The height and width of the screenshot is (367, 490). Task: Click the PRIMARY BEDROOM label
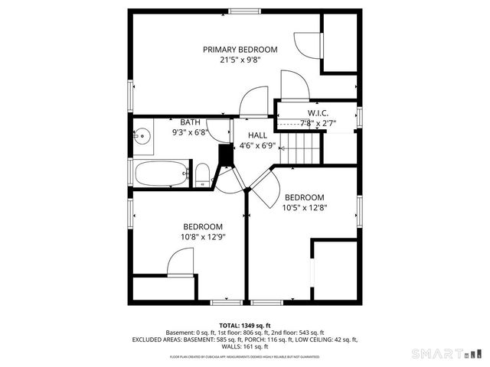point(240,50)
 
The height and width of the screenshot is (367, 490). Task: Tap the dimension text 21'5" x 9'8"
point(240,61)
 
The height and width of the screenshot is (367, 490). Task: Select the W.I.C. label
point(318,112)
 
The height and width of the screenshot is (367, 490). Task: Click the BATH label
point(191,122)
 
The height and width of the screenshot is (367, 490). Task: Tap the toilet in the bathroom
point(202,175)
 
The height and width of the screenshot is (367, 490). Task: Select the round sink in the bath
point(142,138)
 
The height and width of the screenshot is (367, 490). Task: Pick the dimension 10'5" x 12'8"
point(304,207)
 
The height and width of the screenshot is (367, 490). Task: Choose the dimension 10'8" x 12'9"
point(202,237)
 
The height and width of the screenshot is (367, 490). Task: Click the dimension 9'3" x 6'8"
point(191,132)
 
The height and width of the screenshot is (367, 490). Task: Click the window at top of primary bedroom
point(243,11)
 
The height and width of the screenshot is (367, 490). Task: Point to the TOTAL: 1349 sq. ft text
point(245,325)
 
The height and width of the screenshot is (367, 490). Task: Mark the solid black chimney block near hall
point(226,154)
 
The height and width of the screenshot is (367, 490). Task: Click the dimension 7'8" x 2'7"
point(318,122)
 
